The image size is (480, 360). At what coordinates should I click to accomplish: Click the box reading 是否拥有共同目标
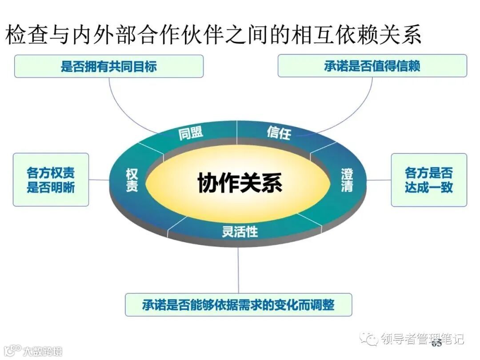point(109,67)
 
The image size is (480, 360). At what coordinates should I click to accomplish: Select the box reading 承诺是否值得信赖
point(372,66)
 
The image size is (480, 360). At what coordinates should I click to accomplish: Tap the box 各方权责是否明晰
point(51,180)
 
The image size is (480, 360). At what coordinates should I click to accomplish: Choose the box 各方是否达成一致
point(429,180)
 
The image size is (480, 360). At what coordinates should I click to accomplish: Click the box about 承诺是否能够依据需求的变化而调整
point(238,305)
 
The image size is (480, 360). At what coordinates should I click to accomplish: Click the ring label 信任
point(279,132)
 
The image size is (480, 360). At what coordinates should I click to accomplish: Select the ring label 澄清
point(347,180)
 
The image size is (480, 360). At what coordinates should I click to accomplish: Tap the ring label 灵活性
point(240,231)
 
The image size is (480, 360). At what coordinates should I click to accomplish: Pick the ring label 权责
point(132,180)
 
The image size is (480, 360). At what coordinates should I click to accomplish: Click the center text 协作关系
point(240,183)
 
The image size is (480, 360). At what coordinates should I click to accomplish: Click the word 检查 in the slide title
point(27,35)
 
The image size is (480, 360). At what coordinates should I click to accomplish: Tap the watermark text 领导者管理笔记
point(422,339)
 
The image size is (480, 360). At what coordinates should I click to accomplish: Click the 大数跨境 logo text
point(43,351)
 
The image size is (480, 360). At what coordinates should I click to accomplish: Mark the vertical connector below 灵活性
point(239,267)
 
